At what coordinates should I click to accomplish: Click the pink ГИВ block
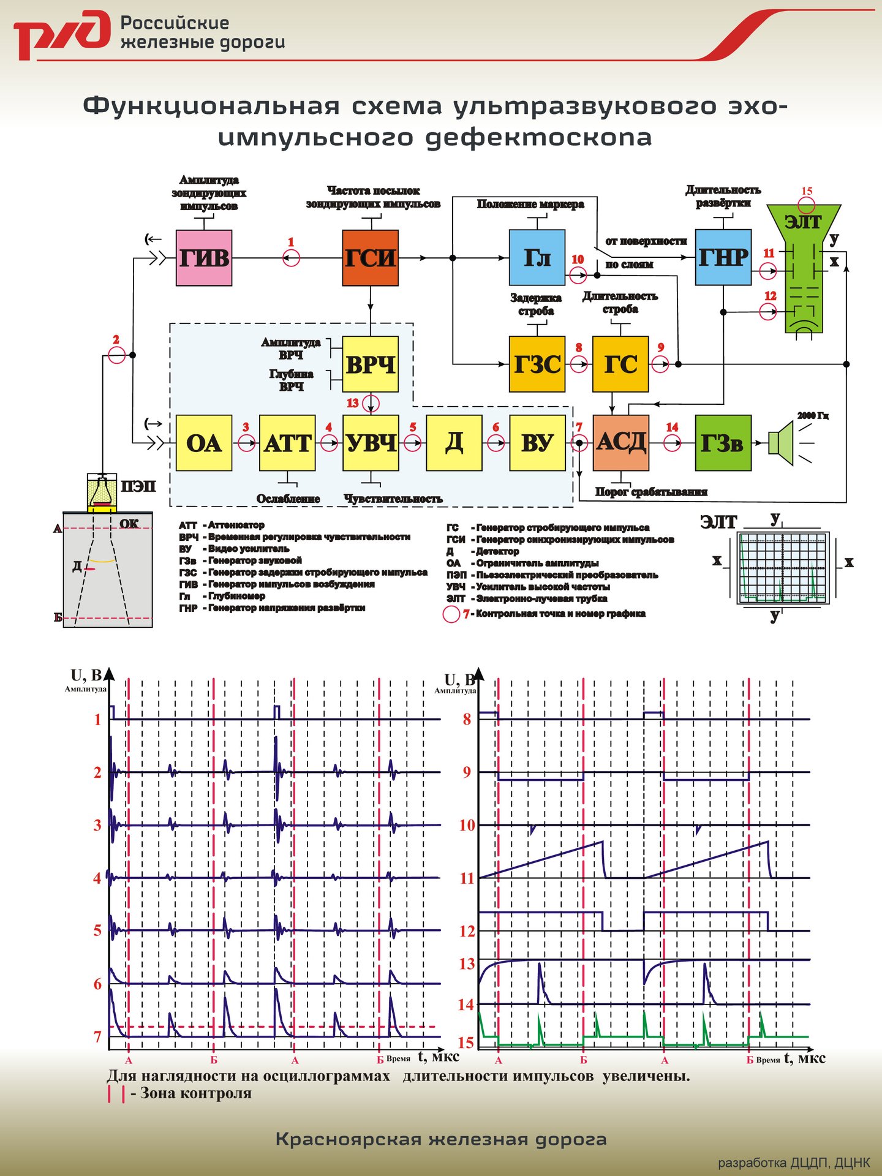tap(203, 258)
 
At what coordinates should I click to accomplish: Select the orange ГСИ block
tap(370, 258)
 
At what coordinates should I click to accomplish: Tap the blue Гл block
tap(537, 258)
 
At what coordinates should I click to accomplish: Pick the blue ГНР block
tap(723, 257)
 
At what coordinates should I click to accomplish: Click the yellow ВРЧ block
tap(370, 364)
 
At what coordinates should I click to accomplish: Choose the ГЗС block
tap(537, 364)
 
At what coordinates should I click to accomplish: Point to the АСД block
tap(620, 442)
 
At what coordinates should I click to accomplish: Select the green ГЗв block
tap(723, 442)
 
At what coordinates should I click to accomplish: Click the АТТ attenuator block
tap(287, 443)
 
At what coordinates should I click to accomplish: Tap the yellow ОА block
tap(203, 443)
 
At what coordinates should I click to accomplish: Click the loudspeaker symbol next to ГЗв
tap(781, 442)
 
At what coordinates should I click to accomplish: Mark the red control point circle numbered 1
tap(291, 258)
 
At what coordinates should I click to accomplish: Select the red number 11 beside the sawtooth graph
tap(467, 878)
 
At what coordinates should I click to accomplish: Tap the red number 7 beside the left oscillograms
tap(97, 1037)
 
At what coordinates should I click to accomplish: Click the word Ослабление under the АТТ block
tap(288, 499)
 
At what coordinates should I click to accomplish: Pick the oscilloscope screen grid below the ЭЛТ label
tap(782, 567)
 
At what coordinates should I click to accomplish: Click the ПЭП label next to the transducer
tap(138, 487)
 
